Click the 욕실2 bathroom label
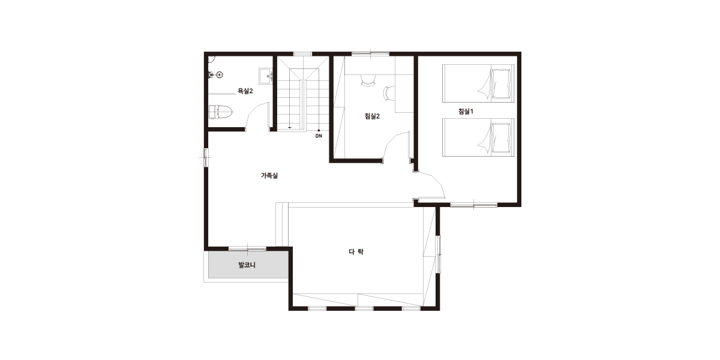click(245, 91)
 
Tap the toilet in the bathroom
click(221, 112)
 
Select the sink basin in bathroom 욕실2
click(266, 76)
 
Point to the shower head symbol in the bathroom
click(220, 75)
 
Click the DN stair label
click(319, 136)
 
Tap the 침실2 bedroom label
click(372, 116)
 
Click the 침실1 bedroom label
click(466, 112)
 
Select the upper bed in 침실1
click(478, 83)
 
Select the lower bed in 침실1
click(478, 137)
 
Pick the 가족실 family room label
click(269, 175)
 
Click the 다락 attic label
click(356, 251)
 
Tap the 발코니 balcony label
click(247, 265)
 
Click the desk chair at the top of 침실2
click(368, 80)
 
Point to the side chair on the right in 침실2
click(388, 93)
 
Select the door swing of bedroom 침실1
click(431, 185)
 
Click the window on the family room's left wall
click(205, 157)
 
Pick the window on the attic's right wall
click(439, 254)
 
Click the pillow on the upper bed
click(502, 83)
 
